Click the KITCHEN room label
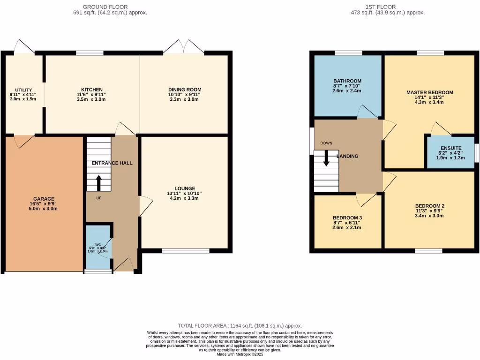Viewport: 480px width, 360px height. click(92, 90)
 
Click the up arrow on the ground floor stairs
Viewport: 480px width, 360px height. click(98, 183)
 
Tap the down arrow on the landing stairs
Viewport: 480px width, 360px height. click(326, 158)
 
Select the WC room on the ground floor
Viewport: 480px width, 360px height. click(98, 245)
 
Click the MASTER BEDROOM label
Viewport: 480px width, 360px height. click(429, 92)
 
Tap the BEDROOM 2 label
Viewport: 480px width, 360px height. click(429, 206)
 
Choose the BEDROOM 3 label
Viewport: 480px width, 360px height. click(347, 218)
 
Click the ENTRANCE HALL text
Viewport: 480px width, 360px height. click(112, 163)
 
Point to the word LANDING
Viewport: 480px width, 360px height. click(347, 156)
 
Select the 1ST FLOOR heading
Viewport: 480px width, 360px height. click(380, 7)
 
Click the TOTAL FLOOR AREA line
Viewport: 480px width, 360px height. click(240, 325)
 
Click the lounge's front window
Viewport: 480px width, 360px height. click(186, 251)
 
